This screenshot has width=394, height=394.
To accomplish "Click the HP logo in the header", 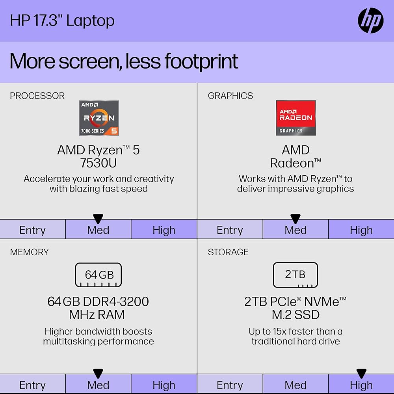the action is pos(371,20).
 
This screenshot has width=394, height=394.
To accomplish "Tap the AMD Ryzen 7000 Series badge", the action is pos(99,118).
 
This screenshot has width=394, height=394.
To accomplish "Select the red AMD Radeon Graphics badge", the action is pos(296,118).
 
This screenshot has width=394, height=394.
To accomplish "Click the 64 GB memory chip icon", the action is pos(98,275).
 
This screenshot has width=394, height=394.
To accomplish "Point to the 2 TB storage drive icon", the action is pos(295,275).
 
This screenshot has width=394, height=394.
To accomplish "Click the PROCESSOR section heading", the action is pos(37,96).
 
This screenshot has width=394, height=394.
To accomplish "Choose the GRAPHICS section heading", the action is pos(230,96).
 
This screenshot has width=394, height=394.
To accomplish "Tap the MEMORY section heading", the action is pos(29,252).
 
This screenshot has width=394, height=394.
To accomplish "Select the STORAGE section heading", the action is pos(228,252).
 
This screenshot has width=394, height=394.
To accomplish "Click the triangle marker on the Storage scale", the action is pos(361,373).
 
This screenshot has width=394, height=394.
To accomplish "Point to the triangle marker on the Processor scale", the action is pos(98,219).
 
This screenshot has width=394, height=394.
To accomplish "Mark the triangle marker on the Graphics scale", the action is pos(295,219).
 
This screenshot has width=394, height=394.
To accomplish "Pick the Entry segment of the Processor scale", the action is pos(33,229).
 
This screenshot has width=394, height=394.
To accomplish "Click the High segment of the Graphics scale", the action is pos(361,229).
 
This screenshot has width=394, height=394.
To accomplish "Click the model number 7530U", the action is pos(98,163).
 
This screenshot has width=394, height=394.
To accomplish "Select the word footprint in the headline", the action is pos(201,61).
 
